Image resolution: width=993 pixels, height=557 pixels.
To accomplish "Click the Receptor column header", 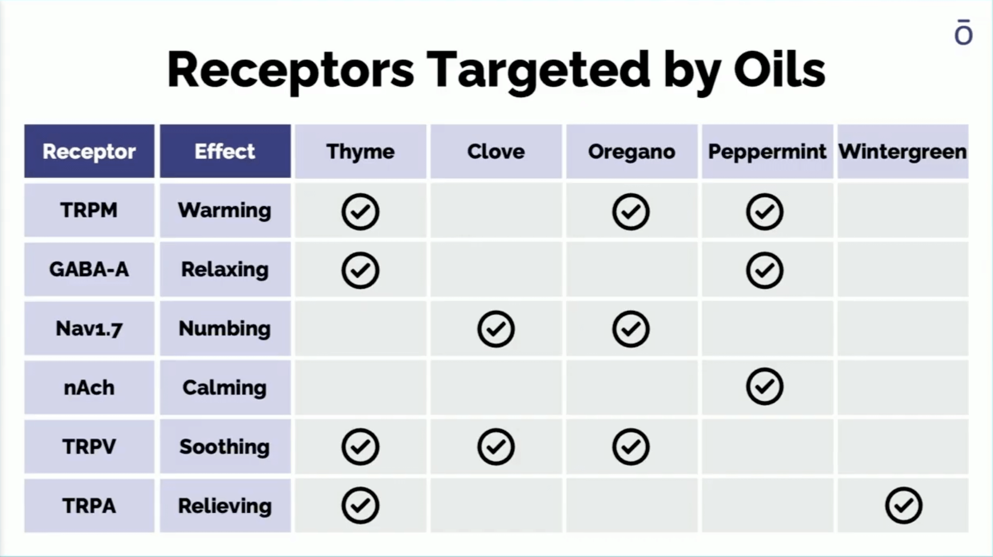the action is pyautogui.click(x=89, y=151).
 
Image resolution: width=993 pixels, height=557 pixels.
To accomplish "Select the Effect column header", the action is pyautogui.click(x=225, y=151).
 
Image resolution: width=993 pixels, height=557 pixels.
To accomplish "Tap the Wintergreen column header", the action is pyautogui.click(x=902, y=151).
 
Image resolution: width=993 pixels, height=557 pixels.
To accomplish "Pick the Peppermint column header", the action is pyautogui.click(x=767, y=151).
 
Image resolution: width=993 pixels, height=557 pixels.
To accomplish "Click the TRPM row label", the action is pyautogui.click(x=89, y=210).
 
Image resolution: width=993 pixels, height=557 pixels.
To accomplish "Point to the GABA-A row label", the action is pyautogui.click(x=89, y=269).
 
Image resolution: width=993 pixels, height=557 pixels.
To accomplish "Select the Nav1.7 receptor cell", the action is pyautogui.click(x=89, y=328).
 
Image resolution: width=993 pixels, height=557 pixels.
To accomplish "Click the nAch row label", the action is pyautogui.click(x=89, y=387).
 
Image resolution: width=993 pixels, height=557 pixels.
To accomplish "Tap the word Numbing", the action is pyautogui.click(x=225, y=329).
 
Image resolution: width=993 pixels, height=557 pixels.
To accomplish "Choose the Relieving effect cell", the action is pyautogui.click(x=225, y=505).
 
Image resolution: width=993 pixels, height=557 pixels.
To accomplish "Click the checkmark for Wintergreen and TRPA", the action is pyautogui.click(x=904, y=505).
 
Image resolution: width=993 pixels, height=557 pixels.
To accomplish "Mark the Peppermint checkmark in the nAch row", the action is pyautogui.click(x=765, y=386).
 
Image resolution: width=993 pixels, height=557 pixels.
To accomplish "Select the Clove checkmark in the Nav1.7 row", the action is pyautogui.click(x=496, y=329).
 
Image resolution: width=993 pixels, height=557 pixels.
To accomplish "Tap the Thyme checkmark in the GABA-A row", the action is pyautogui.click(x=360, y=270).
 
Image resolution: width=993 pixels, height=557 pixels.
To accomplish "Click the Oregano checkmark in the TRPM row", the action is pyautogui.click(x=631, y=211).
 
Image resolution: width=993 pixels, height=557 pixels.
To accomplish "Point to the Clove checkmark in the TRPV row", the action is pyautogui.click(x=496, y=446).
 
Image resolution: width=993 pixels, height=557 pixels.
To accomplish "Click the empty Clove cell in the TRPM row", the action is pyautogui.click(x=496, y=210).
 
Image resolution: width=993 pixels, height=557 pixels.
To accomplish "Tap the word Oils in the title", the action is pyautogui.click(x=779, y=69).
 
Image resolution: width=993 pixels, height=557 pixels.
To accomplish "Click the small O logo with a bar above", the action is pyautogui.click(x=963, y=32).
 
